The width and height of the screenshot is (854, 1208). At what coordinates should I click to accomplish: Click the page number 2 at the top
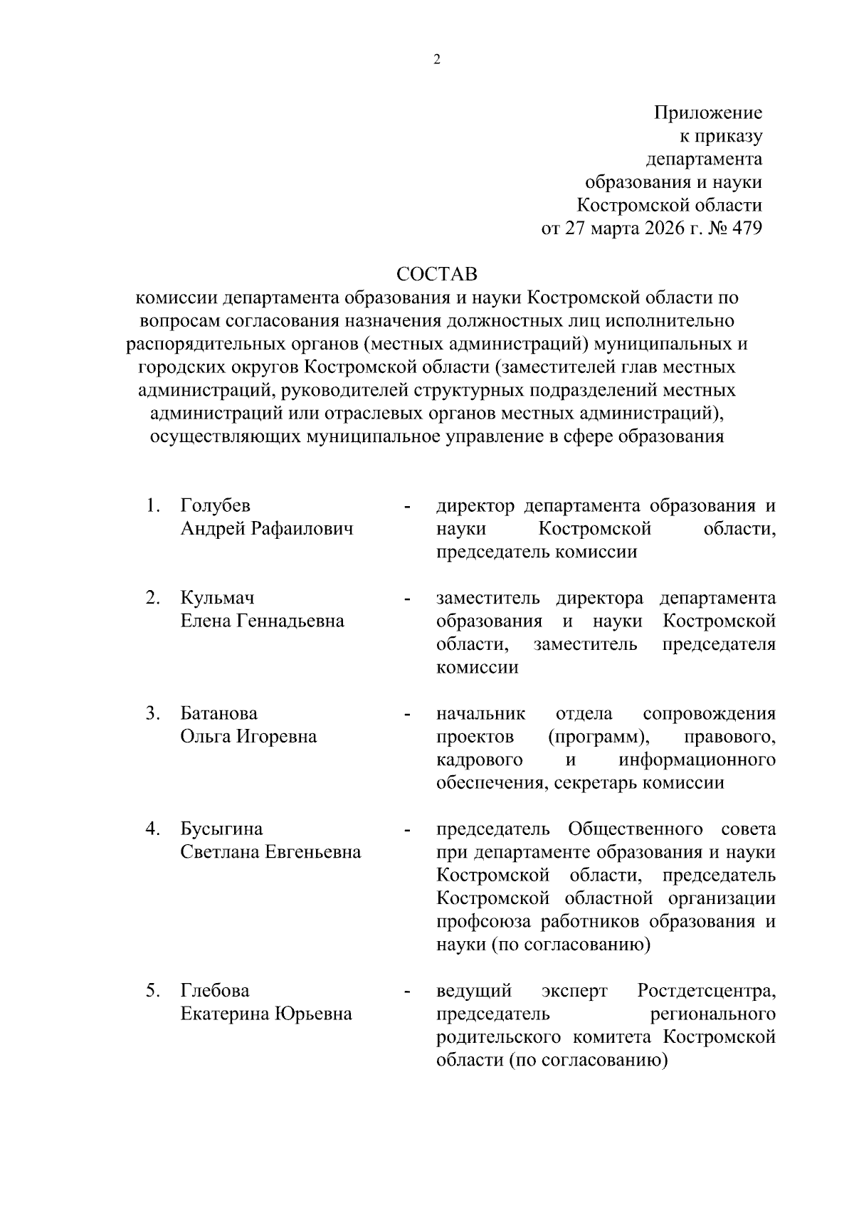(x=437, y=61)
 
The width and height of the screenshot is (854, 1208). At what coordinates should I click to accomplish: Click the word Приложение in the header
(x=708, y=112)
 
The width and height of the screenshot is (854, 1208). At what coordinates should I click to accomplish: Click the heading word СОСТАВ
(x=437, y=274)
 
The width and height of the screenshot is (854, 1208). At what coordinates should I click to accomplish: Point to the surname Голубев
(x=216, y=506)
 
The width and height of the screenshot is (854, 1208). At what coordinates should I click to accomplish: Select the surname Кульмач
(x=217, y=598)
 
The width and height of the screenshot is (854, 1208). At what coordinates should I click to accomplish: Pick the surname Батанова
(x=219, y=713)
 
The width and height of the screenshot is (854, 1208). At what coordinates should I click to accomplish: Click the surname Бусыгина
(x=221, y=829)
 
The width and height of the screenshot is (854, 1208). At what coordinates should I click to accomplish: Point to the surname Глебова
(x=215, y=991)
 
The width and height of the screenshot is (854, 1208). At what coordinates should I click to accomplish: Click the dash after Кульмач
(x=407, y=599)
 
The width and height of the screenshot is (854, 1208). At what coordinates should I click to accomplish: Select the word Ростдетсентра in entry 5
(x=706, y=991)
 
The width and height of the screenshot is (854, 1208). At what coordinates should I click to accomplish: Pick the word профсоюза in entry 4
(x=484, y=922)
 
